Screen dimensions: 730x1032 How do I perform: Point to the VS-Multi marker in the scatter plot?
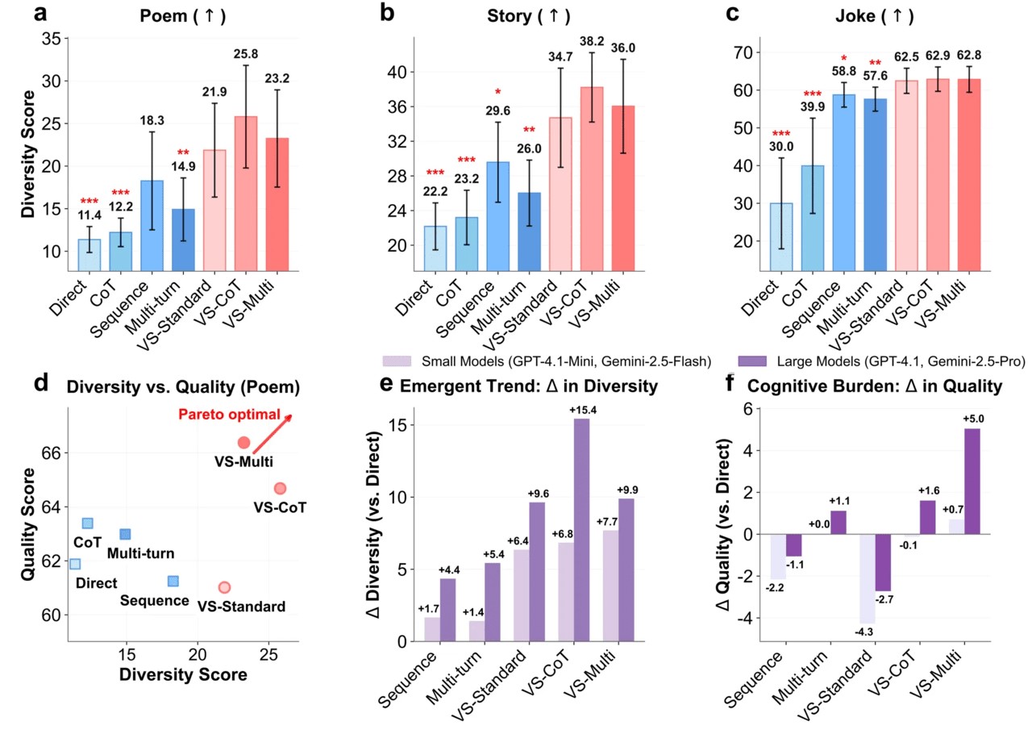[x=243, y=442]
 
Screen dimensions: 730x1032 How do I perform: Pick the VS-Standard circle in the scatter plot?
[x=224, y=587]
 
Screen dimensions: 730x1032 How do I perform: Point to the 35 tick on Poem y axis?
[x=52, y=38]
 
